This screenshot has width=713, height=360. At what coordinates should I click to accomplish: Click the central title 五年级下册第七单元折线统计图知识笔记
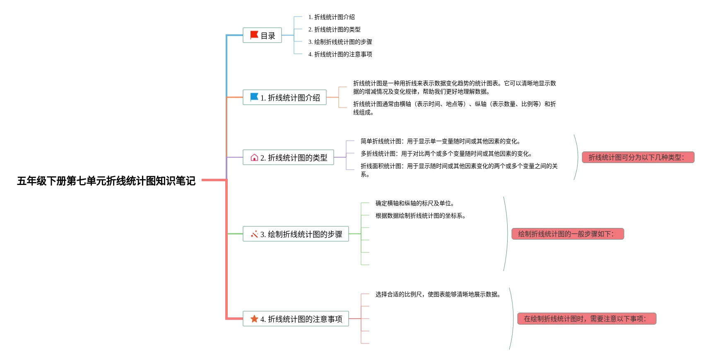click(106, 181)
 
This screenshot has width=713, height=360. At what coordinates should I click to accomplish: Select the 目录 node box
click(262, 36)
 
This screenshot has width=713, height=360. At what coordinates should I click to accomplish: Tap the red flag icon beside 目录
click(254, 35)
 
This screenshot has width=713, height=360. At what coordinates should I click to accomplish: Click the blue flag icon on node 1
click(254, 97)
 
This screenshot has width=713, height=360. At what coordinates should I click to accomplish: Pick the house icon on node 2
click(254, 157)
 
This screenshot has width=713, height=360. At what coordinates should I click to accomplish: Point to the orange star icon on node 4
click(254, 319)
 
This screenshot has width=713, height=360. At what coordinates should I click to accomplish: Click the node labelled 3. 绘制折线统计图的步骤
click(296, 234)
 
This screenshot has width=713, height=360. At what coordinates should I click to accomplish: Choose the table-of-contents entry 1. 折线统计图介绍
click(331, 17)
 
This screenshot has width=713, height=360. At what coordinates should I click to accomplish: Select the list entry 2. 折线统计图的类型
click(334, 29)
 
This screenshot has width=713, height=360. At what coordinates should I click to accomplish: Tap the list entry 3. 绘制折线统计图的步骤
click(340, 42)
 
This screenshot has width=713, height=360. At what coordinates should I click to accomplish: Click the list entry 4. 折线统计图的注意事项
click(340, 54)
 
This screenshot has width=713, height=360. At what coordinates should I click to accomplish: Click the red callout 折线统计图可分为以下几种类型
click(638, 157)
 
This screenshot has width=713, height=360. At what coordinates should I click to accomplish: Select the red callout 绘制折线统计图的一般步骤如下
click(568, 234)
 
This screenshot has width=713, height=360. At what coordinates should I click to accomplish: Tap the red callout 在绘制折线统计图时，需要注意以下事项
click(587, 319)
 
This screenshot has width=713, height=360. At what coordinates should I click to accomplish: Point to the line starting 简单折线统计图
click(440, 141)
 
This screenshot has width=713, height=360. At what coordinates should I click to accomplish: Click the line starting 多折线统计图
click(446, 154)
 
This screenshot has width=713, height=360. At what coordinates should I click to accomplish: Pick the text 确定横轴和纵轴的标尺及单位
click(414, 203)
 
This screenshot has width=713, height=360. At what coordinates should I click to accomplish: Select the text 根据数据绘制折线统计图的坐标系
click(420, 216)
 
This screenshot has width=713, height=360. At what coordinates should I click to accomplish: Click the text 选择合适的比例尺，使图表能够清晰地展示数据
click(438, 294)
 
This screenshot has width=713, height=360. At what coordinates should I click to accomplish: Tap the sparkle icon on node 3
click(254, 234)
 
